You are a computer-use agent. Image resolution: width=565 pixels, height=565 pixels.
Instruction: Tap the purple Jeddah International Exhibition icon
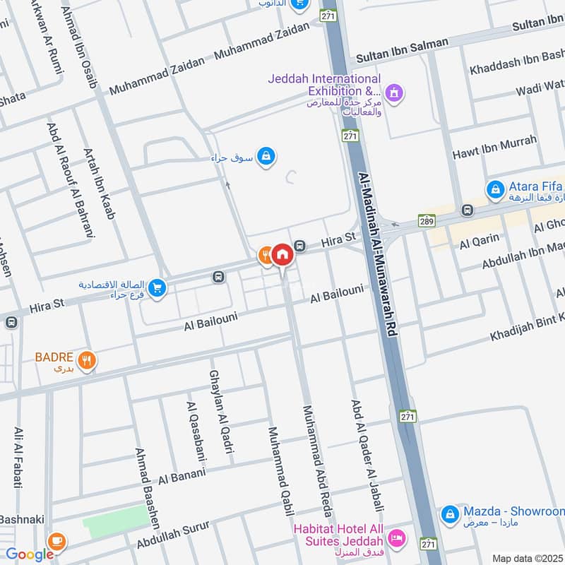click(394, 93)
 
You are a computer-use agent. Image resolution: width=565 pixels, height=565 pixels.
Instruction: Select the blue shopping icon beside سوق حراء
click(266, 155)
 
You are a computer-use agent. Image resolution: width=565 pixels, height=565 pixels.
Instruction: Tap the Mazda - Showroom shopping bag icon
click(448, 516)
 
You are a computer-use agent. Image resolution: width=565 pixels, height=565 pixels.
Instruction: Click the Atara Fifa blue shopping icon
click(495, 189)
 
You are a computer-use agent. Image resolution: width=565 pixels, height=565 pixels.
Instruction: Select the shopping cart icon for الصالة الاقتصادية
click(157, 288)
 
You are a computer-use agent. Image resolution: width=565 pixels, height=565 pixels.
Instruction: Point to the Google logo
click(30, 554)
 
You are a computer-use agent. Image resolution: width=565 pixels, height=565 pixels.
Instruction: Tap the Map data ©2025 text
click(526, 559)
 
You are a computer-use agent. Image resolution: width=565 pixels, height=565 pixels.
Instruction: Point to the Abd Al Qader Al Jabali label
click(367, 456)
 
